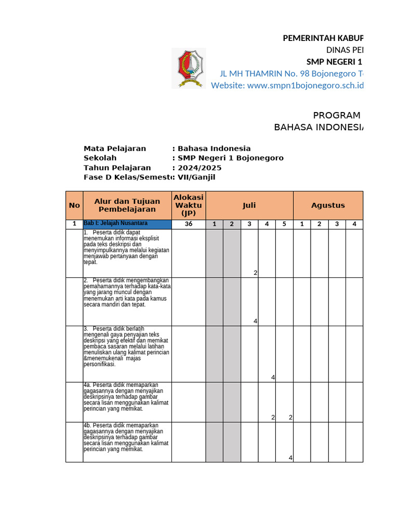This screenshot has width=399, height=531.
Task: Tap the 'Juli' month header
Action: click(249, 205)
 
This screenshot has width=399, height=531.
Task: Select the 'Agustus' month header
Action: click(328, 205)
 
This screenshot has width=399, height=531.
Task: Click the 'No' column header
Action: click(74, 205)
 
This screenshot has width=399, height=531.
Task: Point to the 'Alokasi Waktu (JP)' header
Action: click(189, 205)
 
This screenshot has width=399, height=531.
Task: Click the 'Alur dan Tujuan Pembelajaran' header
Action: click(127, 205)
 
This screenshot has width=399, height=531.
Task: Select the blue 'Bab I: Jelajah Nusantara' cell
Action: click(127, 224)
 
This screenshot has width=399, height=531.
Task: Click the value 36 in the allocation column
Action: click(189, 224)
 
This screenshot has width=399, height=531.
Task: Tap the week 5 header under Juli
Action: click(284, 224)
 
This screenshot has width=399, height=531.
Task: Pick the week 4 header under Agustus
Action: click(354, 224)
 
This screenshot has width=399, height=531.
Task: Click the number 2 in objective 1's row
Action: click(256, 273)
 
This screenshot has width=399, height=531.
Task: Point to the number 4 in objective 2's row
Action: click(256, 322)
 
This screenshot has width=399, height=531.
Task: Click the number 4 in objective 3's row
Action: click(273, 378)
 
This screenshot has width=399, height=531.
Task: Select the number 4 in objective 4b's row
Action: click(290, 457)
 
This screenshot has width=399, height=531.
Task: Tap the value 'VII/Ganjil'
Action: click(196, 177)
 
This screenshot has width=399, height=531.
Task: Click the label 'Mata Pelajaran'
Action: click(115, 148)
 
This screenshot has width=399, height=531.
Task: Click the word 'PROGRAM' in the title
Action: click(337, 116)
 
